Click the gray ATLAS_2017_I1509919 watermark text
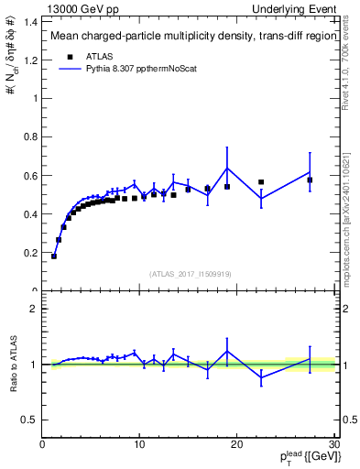(x=190, y=273)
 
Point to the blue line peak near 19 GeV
(x=227, y=168)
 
